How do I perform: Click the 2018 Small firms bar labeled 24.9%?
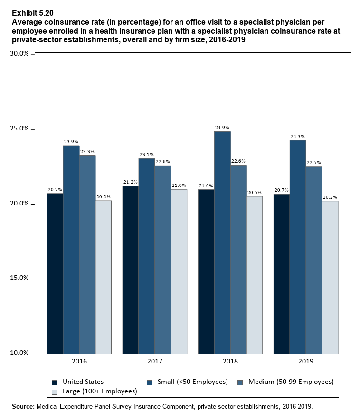pyautogui.click(x=222, y=242)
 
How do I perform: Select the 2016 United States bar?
pyautogui.click(x=55, y=273)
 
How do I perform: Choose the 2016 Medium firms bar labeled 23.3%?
pyautogui.click(x=87, y=254)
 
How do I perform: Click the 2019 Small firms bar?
pyautogui.click(x=298, y=247)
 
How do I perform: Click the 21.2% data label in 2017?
pyautogui.click(x=131, y=182)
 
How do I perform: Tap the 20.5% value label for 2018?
pyautogui.click(x=255, y=192)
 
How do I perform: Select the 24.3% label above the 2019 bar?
pyautogui.click(x=298, y=137)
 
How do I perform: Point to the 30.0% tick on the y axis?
pyautogui.click(x=20, y=54)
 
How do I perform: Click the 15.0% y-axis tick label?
pyautogui.click(x=20, y=279)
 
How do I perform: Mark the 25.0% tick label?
pyautogui.click(x=20, y=129)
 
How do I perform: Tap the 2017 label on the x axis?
pyautogui.click(x=155, y=362)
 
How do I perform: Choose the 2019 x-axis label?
pyautogui.click(x=306, y=362)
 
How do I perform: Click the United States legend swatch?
pyautogui.click(x=54, y=382)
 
